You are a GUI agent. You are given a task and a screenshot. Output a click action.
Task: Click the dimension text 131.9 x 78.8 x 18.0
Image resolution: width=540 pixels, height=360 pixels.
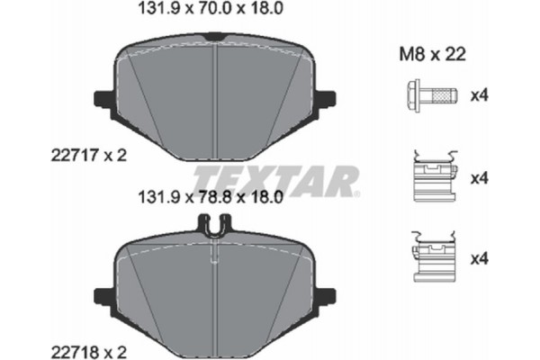pos(214,193)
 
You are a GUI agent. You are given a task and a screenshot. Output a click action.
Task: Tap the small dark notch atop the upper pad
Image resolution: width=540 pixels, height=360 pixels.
pos(214,37)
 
